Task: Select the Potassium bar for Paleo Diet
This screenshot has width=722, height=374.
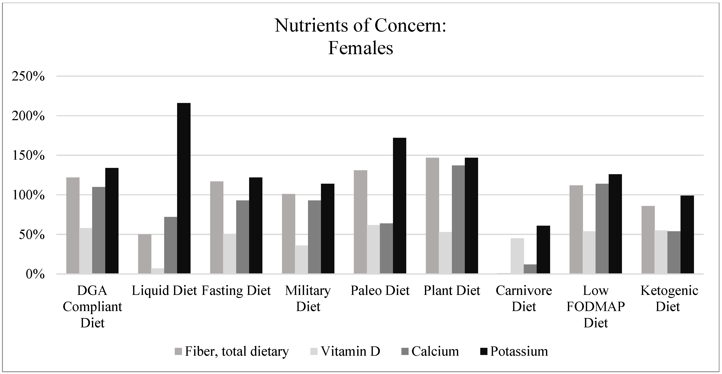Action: pos(399,206)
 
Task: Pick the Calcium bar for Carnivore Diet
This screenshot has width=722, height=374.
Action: pos(530,269)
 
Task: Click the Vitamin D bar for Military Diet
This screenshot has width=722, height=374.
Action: pos(301,260)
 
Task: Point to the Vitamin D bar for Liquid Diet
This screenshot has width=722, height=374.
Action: pos(158,271)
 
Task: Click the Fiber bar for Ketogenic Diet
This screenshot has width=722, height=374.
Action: pos(648,240)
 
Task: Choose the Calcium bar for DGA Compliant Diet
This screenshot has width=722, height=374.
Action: pos(99,230)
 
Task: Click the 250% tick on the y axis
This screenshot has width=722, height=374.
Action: pos(28,76)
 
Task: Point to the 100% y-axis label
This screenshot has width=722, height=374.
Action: pos(28,195)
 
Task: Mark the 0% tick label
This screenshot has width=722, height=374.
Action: pos(35,274)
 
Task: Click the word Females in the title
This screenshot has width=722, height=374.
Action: pos(360,48)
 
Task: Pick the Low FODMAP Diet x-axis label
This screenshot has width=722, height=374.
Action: pos(596,307)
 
